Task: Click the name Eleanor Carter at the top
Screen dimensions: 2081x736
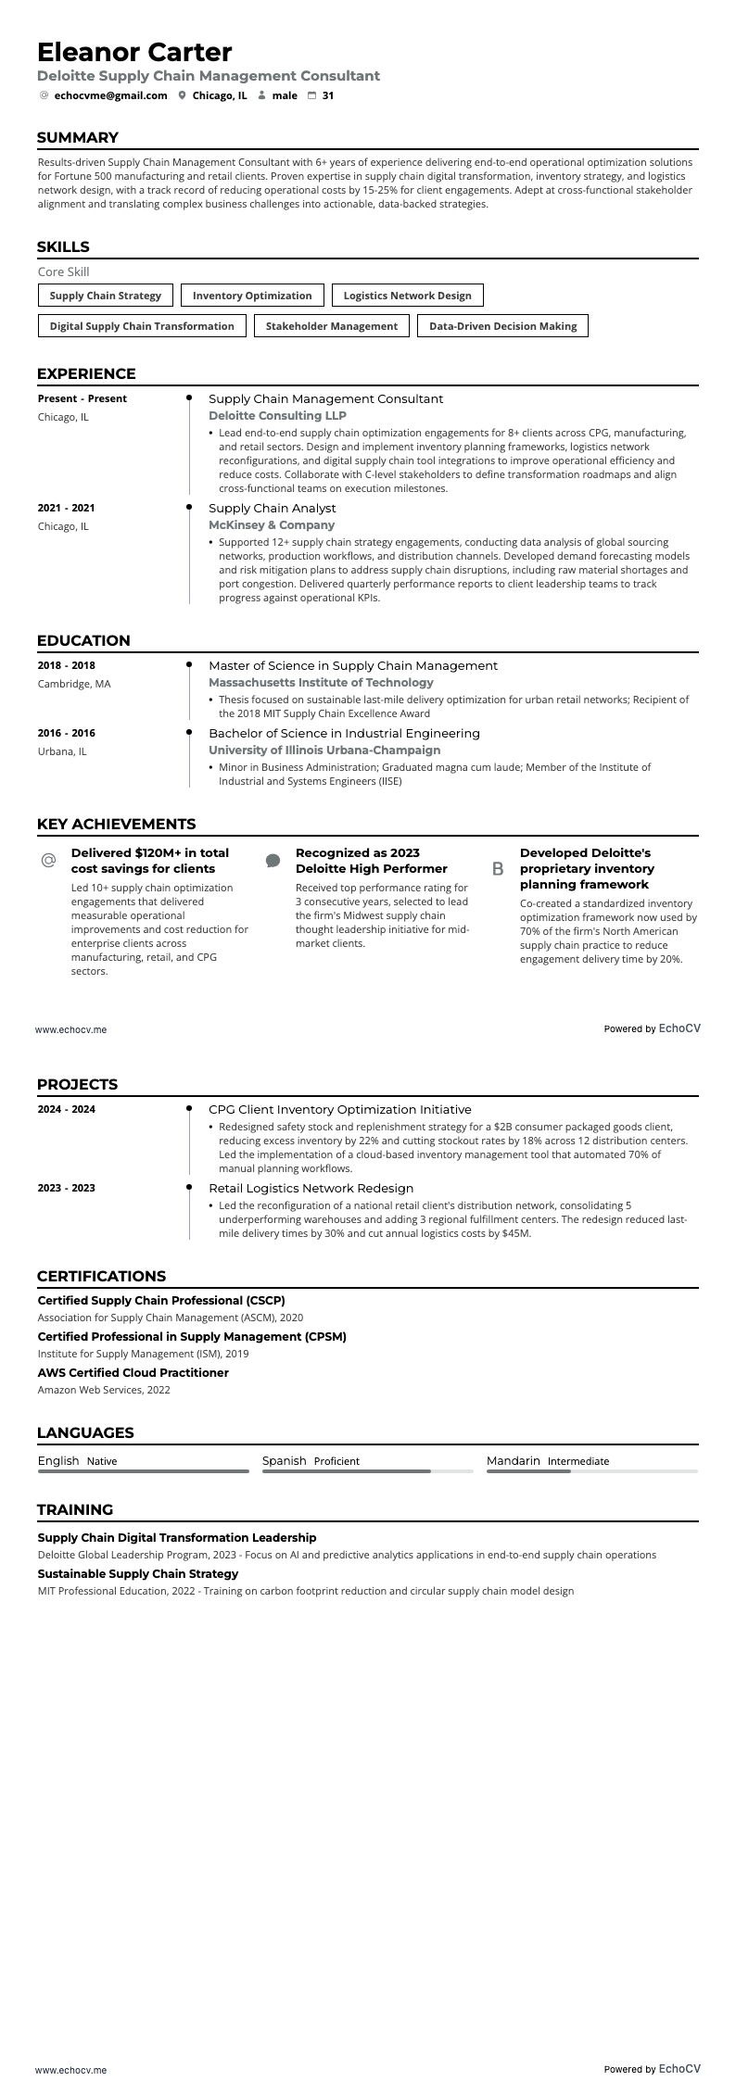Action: [134, 52]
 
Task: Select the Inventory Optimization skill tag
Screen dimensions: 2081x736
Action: [252, 296]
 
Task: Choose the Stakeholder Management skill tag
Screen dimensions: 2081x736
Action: [331, 326]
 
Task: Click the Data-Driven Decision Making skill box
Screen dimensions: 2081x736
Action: [502, 326]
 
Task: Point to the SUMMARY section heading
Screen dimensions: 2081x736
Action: [78, 138]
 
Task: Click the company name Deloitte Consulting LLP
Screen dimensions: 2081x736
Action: [277, 416]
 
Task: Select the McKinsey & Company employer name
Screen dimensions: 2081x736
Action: [271, 525]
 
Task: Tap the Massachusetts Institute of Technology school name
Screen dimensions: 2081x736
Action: [321, 683]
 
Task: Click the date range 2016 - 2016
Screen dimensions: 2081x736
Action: [67, 733]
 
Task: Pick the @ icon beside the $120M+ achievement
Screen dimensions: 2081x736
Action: [49, 861]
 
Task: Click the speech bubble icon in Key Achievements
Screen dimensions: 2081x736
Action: [273, 861]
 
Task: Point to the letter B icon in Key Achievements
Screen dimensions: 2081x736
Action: [498, 869]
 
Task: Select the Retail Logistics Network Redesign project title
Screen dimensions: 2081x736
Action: [311, 1188]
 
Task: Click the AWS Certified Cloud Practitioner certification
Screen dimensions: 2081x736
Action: [133, 1372]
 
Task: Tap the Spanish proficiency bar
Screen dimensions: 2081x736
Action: [368, 1470]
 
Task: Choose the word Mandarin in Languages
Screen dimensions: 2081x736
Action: [513, 1460]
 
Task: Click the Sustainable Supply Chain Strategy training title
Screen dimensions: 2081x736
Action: [138, 1573]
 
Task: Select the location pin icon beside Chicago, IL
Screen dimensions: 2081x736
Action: [183, 95]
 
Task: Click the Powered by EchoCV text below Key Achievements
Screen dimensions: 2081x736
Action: [652, 1028]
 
